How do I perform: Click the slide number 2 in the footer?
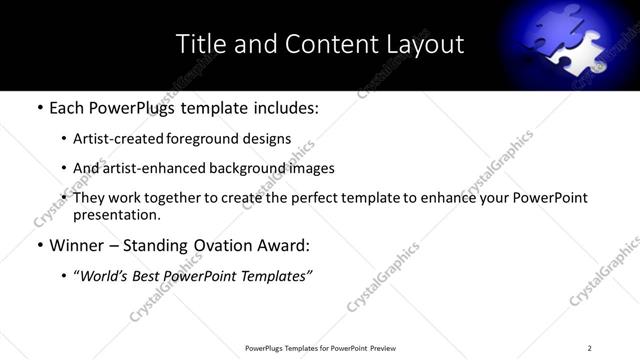click(589, 347)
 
